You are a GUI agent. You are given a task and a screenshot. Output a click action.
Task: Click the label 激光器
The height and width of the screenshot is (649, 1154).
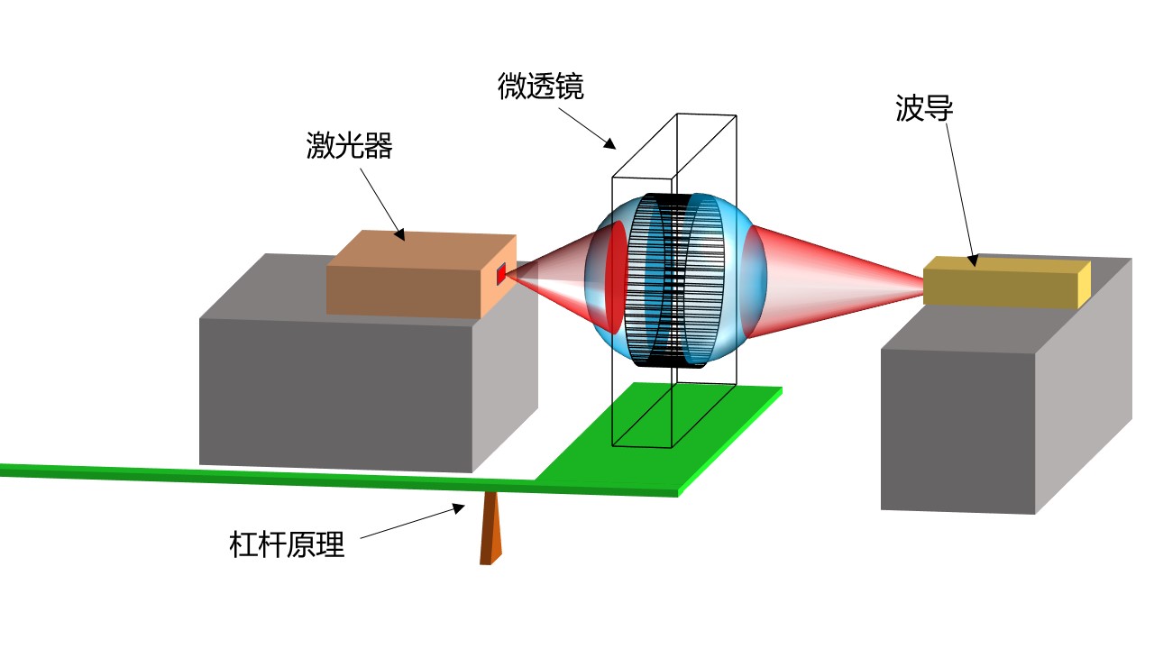[349, 147]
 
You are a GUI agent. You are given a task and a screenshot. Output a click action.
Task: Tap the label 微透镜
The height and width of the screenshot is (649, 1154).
[540, 87]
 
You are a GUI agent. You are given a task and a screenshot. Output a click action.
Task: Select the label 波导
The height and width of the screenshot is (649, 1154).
[924, 109]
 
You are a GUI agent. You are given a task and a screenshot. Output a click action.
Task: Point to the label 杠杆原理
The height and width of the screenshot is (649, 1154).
[287, 545]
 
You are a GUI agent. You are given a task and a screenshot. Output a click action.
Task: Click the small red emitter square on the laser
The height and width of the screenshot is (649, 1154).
[502, 274]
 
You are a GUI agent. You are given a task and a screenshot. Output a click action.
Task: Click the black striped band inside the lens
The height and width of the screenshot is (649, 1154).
[672, 279]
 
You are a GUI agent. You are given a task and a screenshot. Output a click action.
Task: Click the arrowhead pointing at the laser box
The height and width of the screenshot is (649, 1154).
[399, 236]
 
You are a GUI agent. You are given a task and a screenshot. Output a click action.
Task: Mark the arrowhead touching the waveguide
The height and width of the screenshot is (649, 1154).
[973, 261]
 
